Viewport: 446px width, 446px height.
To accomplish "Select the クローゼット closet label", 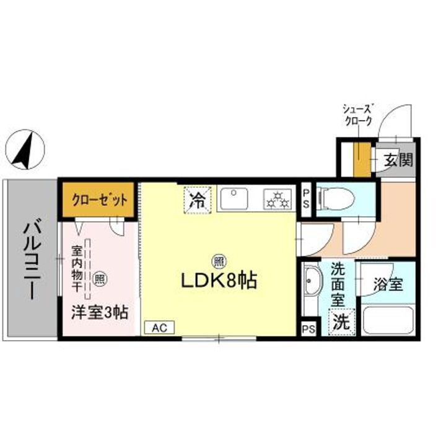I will pos(99,200).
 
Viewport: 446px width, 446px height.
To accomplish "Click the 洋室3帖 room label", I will pos(100,312).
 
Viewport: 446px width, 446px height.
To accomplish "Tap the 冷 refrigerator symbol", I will pos(198,200).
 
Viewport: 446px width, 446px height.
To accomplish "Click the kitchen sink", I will pos(234,199).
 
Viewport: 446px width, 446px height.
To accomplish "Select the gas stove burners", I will pos(277,199).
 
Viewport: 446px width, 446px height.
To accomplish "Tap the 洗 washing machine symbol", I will pos(340,321).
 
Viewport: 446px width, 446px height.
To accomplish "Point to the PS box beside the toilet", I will pos(306,199).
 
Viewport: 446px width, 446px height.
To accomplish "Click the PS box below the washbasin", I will pos(308,329).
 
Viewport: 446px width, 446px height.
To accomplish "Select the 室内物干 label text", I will pos(78,268).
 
